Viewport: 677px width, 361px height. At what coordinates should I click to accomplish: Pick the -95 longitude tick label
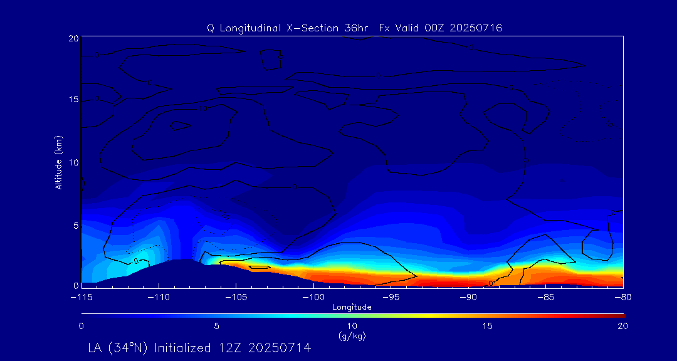pyautogui.click(x=390, y=296)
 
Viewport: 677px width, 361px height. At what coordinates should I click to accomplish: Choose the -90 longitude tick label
pyautogui.click(x=468, y=296)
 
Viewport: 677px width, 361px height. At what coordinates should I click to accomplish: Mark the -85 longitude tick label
pyautogui.click(x=545, y=296)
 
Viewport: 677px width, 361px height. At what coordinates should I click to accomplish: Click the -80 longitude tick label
pyautogui.click(x=622, y=296)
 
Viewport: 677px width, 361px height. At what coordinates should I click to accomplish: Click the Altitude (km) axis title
pyautogui.click(x=59, y=162)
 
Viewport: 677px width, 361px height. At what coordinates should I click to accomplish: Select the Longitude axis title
pyautogui.click(x=352, y=307)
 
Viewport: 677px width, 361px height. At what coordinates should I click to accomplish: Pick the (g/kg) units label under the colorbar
pyautogui.click(x=352, y=337)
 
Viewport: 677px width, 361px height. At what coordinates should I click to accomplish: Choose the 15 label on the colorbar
pyautogui.click(x=487, y=326)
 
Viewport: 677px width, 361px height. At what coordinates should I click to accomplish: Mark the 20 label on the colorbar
pyautogui.click(x=622, y=326)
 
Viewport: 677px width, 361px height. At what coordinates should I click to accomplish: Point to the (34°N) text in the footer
pyautogui.click(x=129, y=347)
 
